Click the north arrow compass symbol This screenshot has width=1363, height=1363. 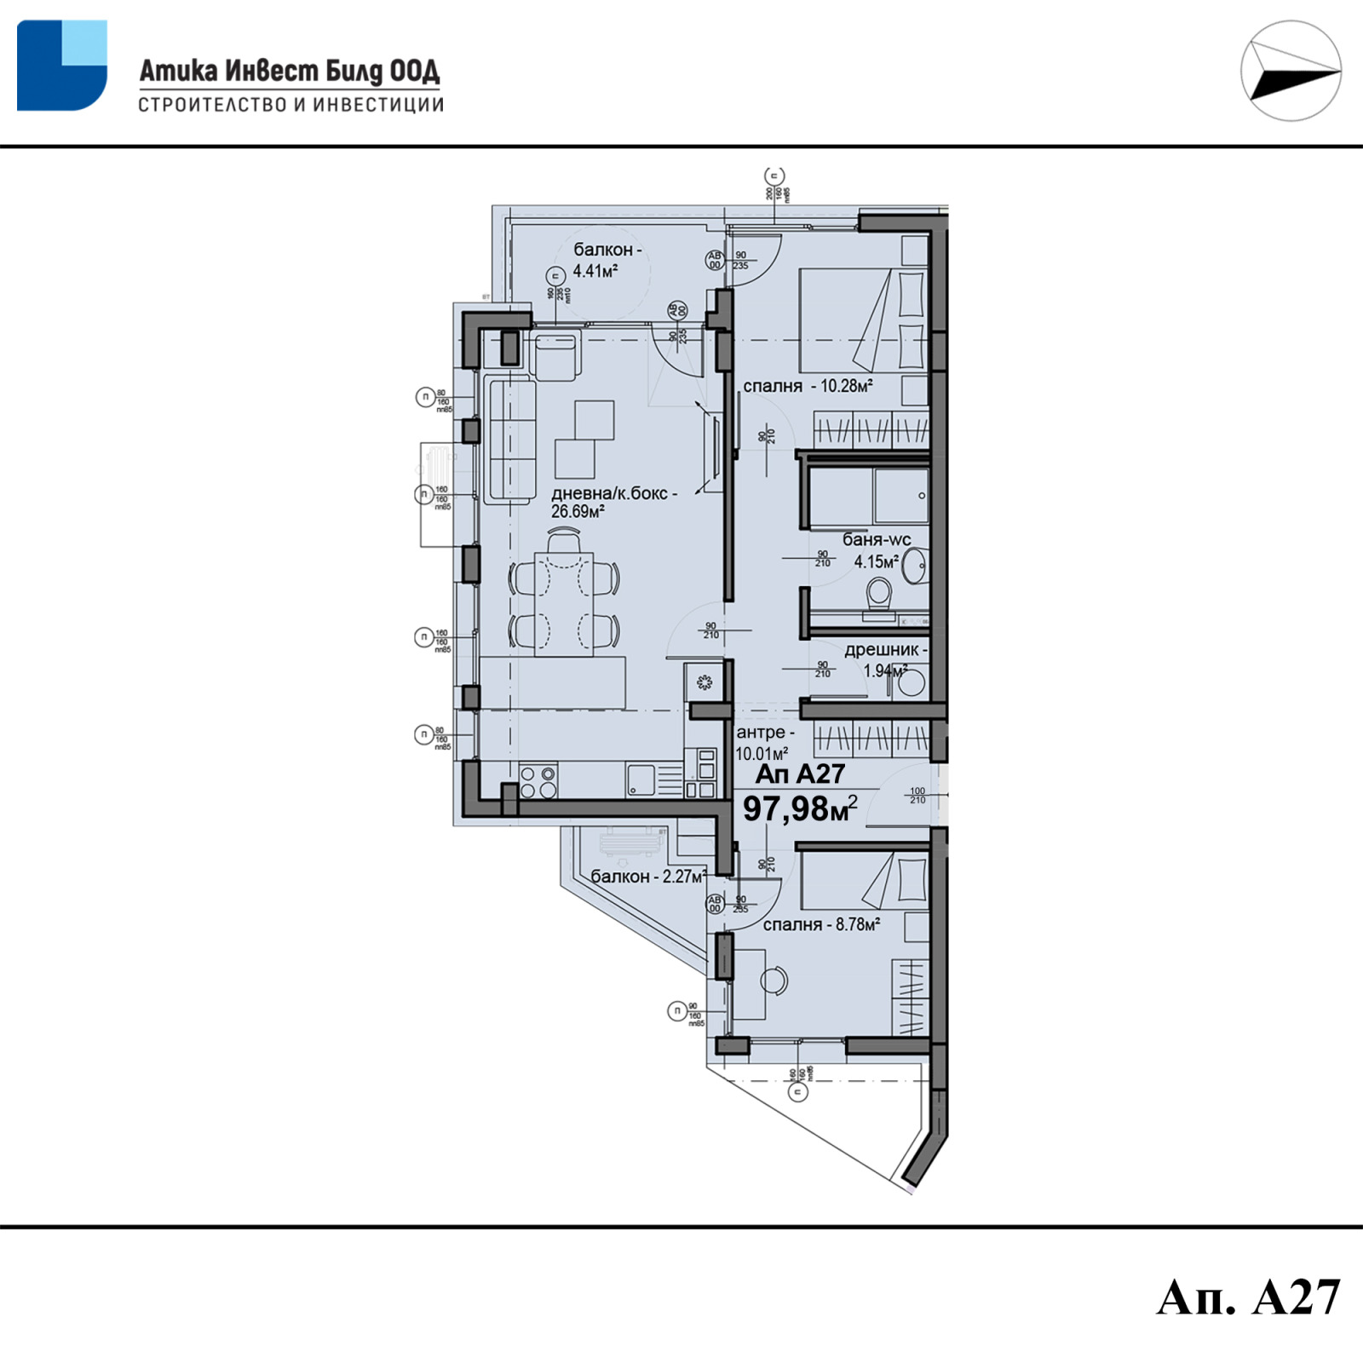[x=1291, y=71]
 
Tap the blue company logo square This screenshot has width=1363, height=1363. [x=61, y=66]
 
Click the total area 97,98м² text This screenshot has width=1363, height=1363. [x=799, y=808]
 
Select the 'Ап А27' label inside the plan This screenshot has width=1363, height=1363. [x=800, y=774]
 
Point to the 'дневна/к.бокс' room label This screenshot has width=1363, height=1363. [x=613, y=502]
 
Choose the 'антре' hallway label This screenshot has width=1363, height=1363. [x=764, y=742]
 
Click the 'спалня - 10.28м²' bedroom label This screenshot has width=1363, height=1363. [x=808, y=386]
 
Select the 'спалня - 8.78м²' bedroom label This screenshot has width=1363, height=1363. [x=821, y=924]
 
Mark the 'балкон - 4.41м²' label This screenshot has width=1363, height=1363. [x=605, y=260]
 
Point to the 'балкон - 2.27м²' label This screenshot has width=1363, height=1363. [x=648, y=877]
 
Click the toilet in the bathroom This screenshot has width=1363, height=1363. [x=878, y=594]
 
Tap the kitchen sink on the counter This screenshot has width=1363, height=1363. [x=641, y=779]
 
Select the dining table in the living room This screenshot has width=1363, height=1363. [x=563, y=603]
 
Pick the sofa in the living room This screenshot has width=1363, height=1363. [x=510, y=440]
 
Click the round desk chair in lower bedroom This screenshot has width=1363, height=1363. [x=774, y=981]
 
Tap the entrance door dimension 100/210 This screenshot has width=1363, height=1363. [x=917, y=796]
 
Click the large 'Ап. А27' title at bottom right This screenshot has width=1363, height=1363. [x=1248, y=1297]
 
